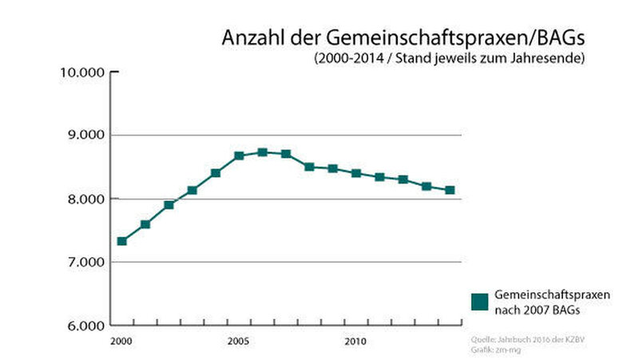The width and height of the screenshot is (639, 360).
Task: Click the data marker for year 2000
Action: pos(121,241)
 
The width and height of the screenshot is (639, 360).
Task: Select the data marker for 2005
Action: pos(239,156)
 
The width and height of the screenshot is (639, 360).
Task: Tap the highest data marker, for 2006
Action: pos(262,152)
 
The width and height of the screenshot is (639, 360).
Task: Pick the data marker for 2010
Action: pos(356,173)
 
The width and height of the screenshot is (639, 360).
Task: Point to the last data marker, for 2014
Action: pos(450,190)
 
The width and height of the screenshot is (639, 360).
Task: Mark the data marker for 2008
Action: pos(309,167)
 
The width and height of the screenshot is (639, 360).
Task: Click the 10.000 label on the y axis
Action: pos(83,72)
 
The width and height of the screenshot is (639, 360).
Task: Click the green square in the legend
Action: pos(479,301)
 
